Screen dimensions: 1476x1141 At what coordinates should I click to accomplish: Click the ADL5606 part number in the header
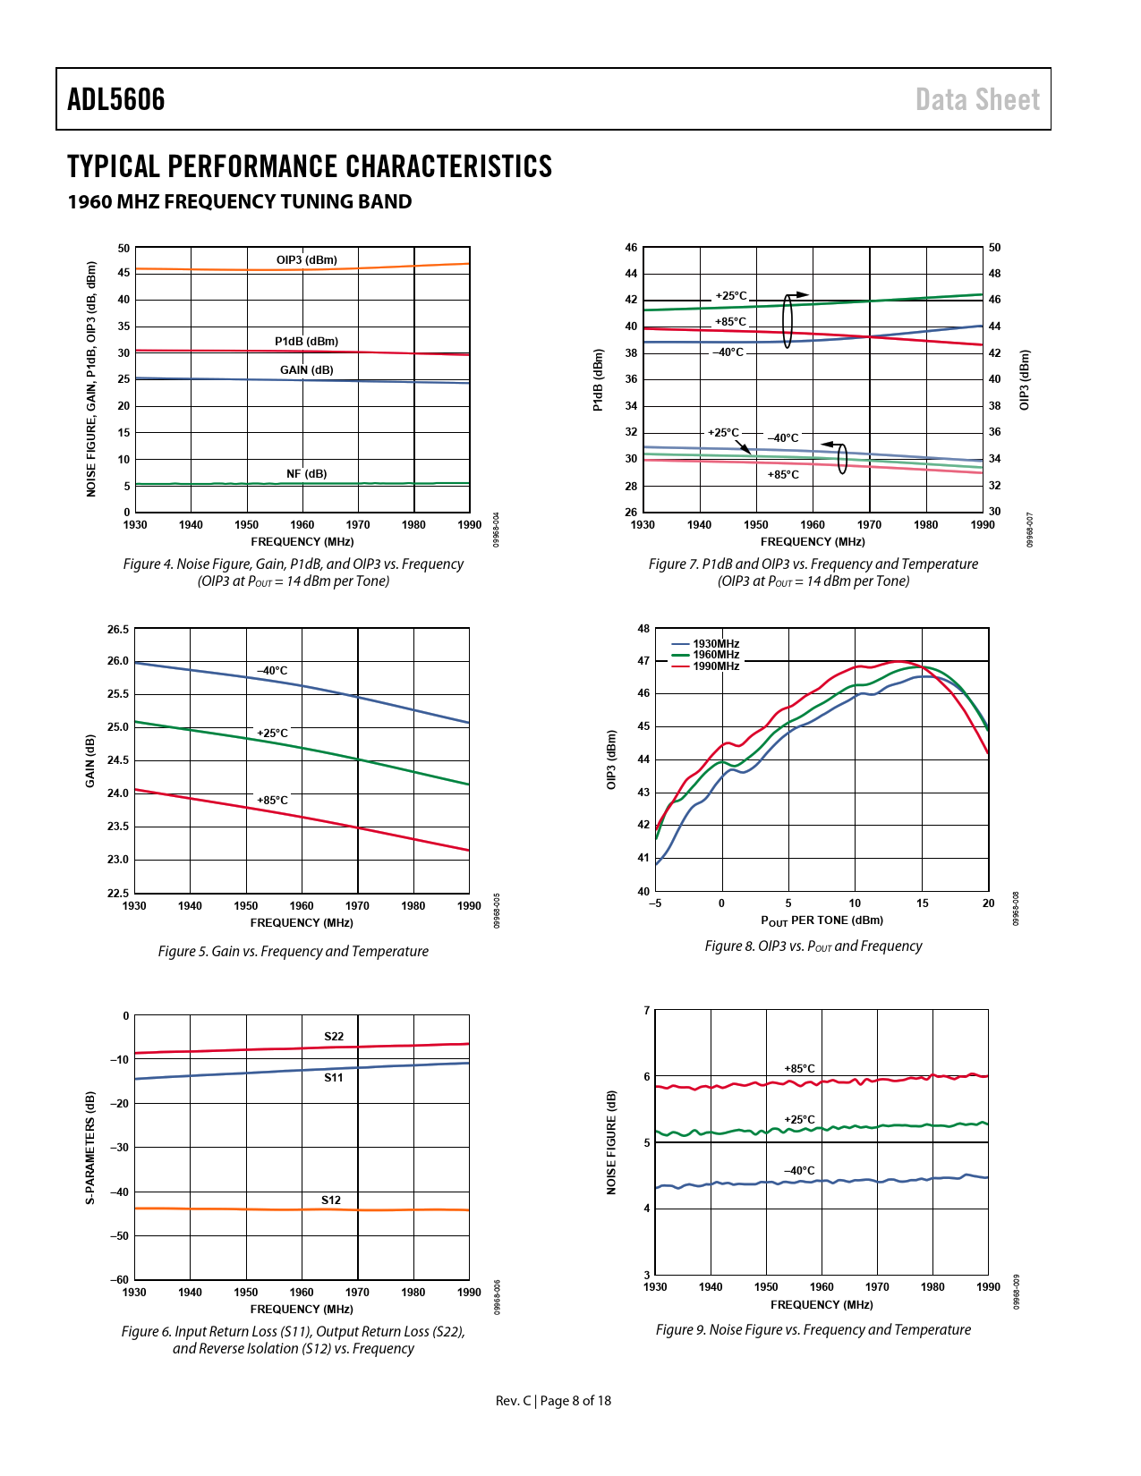click(x=116, y=99)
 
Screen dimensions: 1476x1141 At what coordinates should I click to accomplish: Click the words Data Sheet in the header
click(x=977, y=99)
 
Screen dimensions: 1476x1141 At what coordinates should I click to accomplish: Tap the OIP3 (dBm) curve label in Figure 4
click(x=307, y=260)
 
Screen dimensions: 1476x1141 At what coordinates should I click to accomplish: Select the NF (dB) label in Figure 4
click(x=306, y=473)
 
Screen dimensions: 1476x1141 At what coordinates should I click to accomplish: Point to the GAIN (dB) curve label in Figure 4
click(x=306, y=369)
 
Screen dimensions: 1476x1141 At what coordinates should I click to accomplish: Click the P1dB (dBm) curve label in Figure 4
click(x=306, y=341)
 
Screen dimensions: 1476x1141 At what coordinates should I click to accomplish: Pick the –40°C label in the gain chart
click(x=272, y=671)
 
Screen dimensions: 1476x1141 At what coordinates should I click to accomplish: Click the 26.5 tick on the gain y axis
click(x=118, y=630)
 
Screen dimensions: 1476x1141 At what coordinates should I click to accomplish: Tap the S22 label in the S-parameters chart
click(x=334, y=1037)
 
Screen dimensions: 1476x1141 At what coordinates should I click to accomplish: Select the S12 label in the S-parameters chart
click(x=331, y=1200)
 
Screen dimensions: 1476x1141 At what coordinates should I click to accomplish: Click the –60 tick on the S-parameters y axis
click(x=120, y=1280)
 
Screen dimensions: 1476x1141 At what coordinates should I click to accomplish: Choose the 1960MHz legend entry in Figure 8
click(x=715, y=655)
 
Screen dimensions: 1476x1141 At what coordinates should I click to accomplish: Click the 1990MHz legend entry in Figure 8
click(x=715, y=666)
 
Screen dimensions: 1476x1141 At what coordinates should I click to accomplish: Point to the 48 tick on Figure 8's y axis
click(x=643, y=629)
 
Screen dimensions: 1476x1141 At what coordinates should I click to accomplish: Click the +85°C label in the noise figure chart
click(x=799, y=1069)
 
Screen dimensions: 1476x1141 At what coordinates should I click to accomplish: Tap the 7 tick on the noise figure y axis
click(x=647, y=1011)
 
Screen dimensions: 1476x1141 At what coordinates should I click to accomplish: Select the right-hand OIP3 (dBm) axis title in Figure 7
click(x=1025, y=380)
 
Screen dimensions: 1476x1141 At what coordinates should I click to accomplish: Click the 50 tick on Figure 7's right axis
click(x=994, y=248)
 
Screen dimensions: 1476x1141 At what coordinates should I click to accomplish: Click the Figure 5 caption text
click(x=293, y=951)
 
